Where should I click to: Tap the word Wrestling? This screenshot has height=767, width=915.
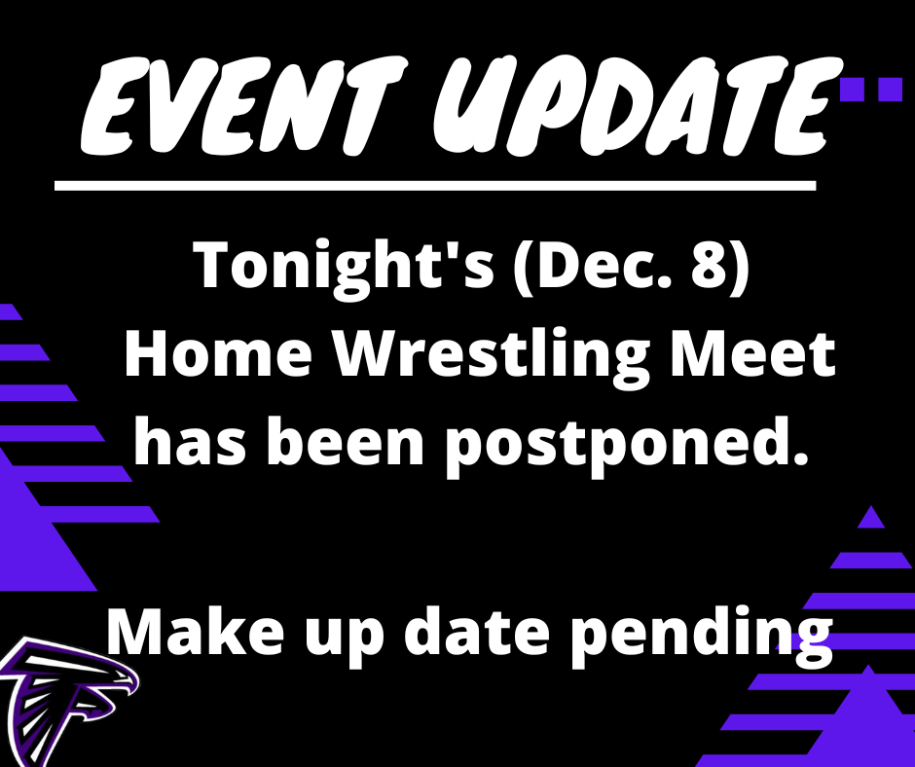point(492,358)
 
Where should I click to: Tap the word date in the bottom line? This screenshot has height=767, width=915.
point(474,631)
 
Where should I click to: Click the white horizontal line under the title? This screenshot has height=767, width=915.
point(435,186)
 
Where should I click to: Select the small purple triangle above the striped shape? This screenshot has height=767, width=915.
point(870,517)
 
